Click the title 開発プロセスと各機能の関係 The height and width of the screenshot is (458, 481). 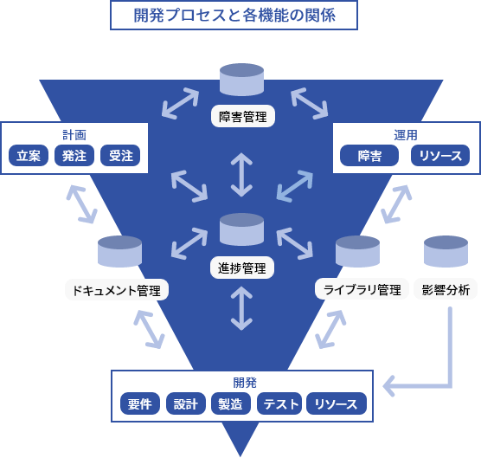click(x=234, y=16)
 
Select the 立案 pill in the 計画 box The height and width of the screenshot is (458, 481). click(x=29, y=156)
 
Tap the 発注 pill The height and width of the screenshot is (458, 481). click(x=74, y=156)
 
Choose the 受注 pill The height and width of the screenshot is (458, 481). click(x=120, y=156)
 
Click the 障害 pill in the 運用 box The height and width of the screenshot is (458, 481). click(x=369, y=156)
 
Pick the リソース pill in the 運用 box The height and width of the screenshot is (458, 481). click(x=440, y=156)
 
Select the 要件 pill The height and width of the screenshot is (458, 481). click(x=140, y=403)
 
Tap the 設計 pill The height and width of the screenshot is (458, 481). click(x=186, y=403)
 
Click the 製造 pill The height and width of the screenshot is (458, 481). click(x=231, y=403)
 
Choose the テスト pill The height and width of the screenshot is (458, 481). click(x=279, y=403)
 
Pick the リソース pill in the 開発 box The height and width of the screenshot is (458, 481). click(x=337, y=403)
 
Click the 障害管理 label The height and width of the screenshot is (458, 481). click(x=243, y=116)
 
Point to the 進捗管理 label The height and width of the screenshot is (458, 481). click(x=242, y=268)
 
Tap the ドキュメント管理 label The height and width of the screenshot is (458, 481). click(x=117, y=290)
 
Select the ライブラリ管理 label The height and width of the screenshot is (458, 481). click(x=362, y=289)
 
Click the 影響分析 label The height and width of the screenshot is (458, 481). click(x=446, y=289)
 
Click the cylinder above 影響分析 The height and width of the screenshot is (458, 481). click(x=446, y=251)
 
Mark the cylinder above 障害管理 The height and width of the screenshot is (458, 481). click(x=241, y=80)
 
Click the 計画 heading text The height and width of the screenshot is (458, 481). click(x=74, y=135)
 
